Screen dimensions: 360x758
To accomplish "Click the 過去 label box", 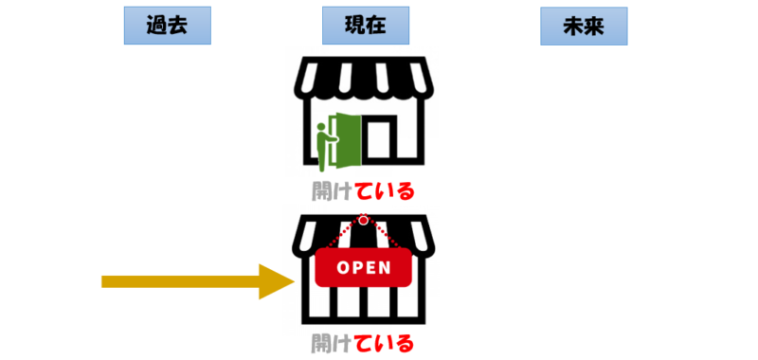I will click(x=168, y=27).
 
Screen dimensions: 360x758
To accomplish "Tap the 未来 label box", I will click(x=584, y=27).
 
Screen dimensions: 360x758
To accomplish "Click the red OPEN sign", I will click(x=364, y=266).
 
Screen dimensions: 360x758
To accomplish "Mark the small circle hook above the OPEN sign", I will click(x=363, y=221).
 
